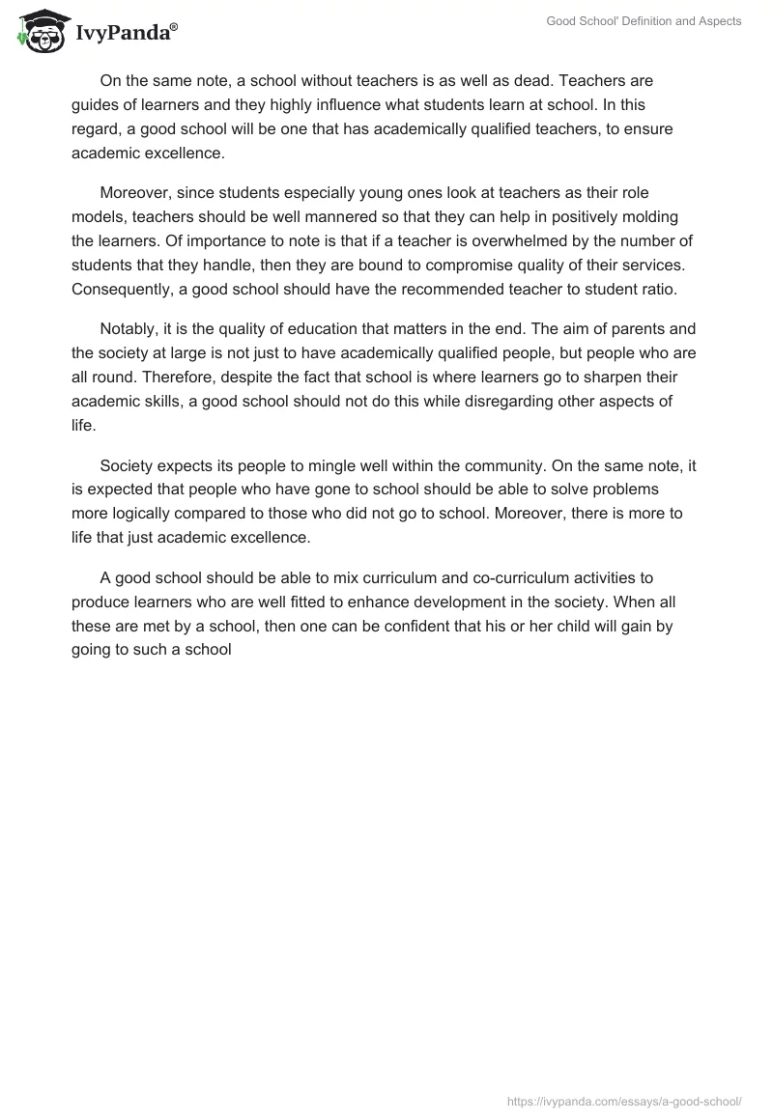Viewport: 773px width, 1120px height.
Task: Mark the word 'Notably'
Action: pyautogui.click(x=129, y=330)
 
